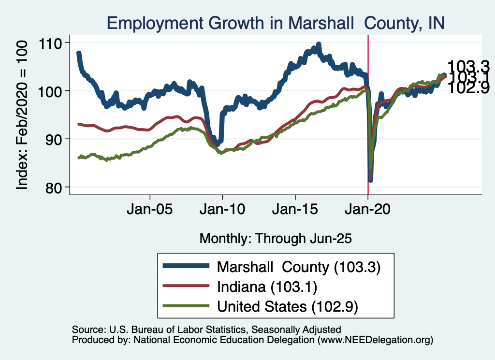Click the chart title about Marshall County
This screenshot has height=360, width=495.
coord(275,23)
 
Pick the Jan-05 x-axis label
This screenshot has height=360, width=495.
coord(150,211)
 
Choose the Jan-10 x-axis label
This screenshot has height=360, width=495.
coord(222,211)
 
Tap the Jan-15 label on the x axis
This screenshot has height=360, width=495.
coord(295,211)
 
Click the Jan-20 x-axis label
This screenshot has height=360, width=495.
coord(368,211)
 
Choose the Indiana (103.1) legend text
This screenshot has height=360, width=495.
coord(267,287)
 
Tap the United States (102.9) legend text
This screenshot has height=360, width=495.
coord(288,306)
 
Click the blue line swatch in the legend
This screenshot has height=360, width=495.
coord(187,266)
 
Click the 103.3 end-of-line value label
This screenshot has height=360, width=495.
coord(468,66)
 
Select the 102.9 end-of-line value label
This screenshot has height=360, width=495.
coord(468,87)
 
